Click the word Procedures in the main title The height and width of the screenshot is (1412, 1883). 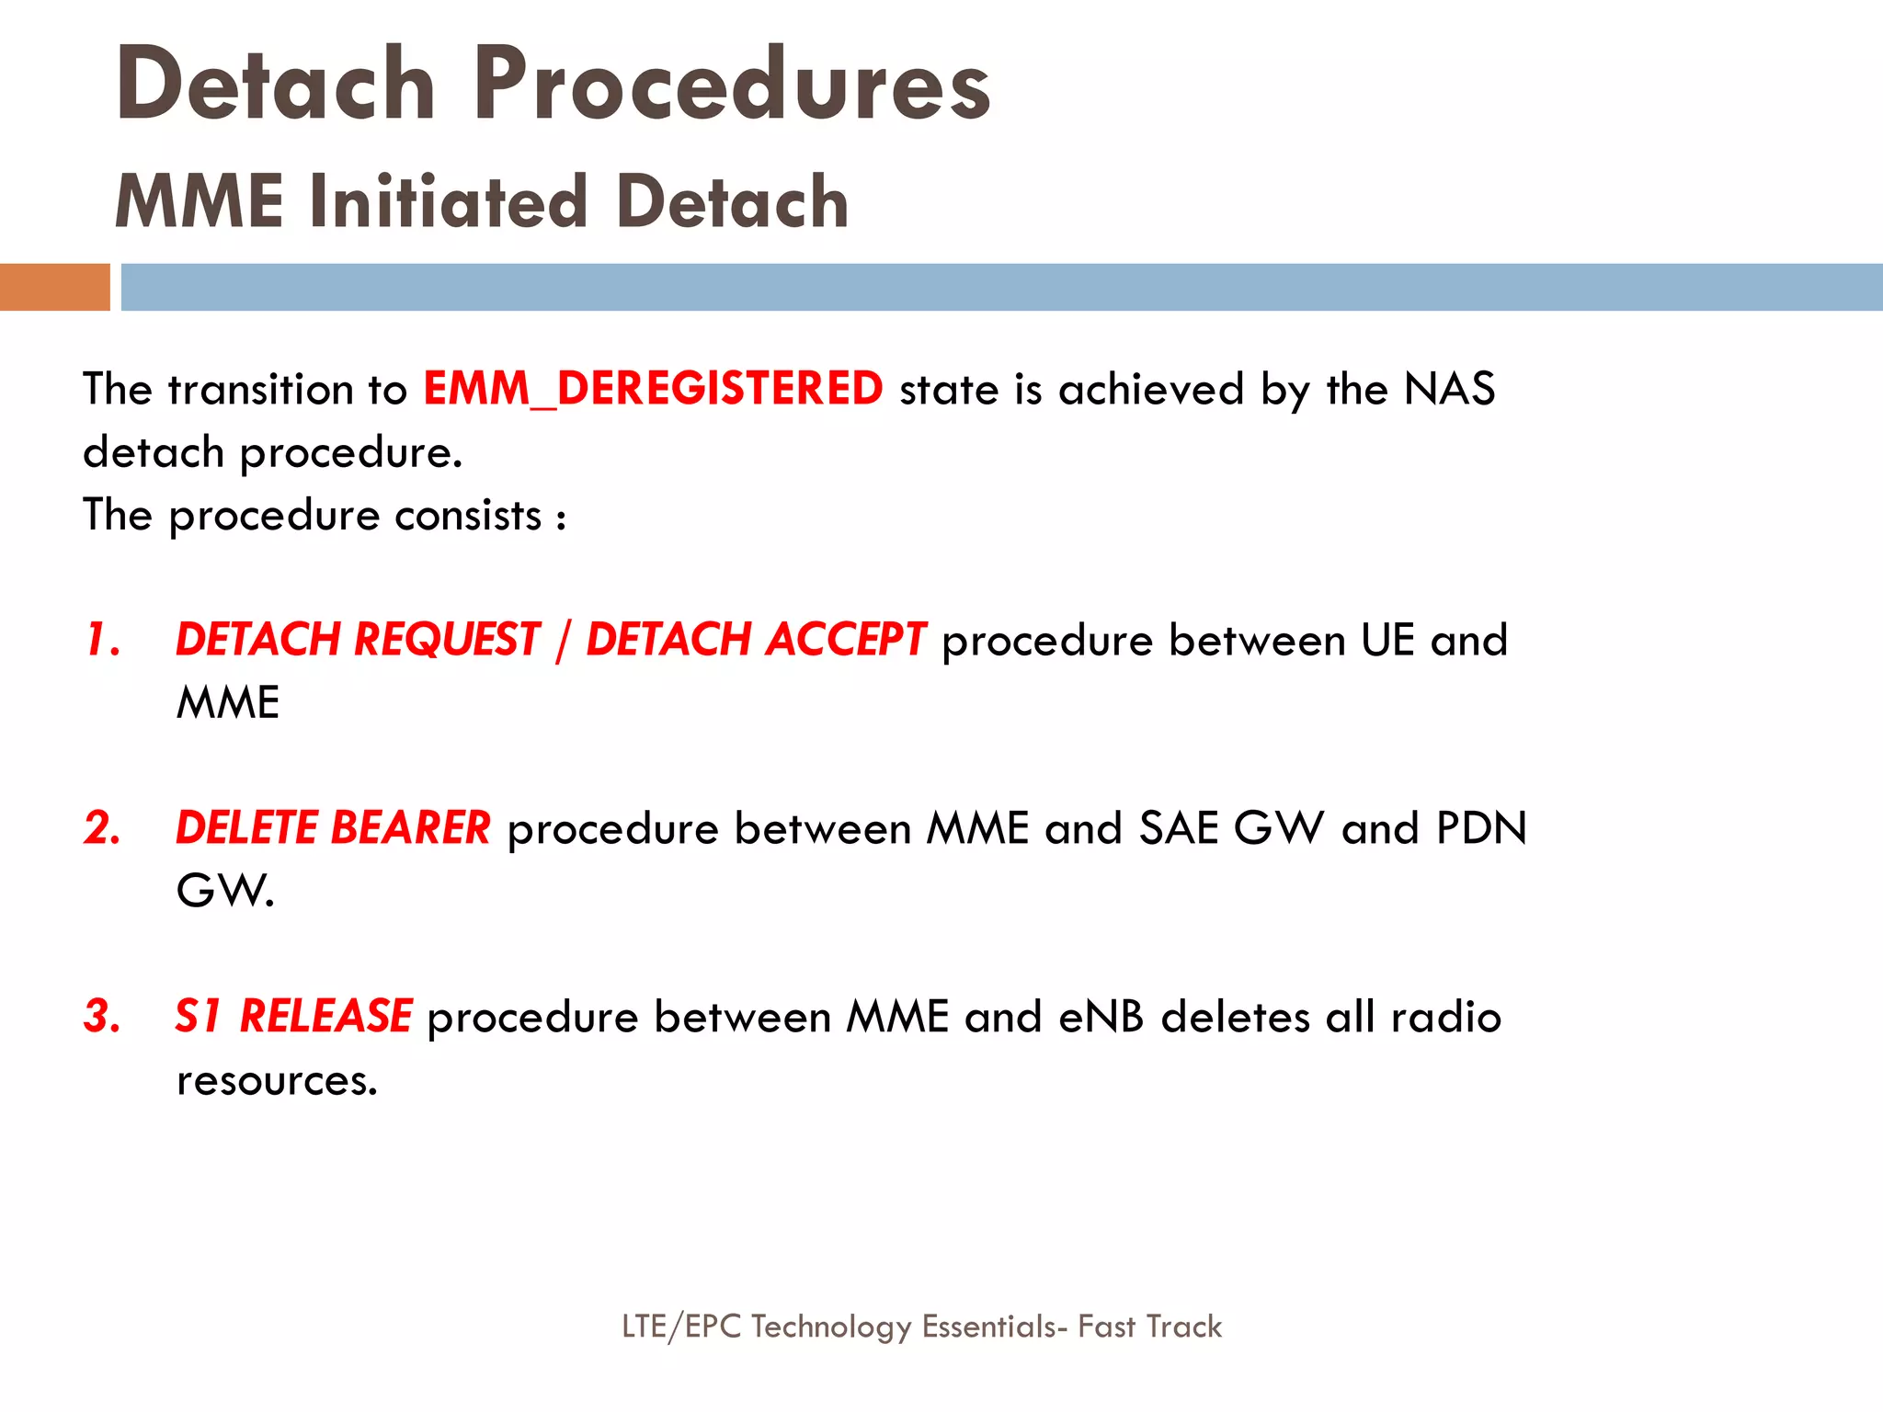point(733,85)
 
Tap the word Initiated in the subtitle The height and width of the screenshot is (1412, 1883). point(449,201)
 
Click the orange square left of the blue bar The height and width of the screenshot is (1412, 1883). point(54,287)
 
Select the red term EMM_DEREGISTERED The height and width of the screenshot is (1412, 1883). point(653,389)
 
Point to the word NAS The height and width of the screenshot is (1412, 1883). point(1449,389)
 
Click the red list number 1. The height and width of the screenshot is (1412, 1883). point(102,640)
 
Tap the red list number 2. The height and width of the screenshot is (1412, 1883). point(102,828)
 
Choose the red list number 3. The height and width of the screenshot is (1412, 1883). point(102,1017)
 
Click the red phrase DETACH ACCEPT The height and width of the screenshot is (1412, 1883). point(756,640)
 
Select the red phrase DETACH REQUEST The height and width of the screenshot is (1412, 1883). point(358,640)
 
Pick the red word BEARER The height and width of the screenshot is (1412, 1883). point(410,828)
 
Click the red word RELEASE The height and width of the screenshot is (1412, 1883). point(325,1017)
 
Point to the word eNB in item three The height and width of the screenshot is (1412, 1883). point(1101,1018)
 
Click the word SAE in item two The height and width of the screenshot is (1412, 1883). point(1179,828)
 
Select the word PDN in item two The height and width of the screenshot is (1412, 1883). point(1481,828)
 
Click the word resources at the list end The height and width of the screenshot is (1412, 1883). point(276,1080)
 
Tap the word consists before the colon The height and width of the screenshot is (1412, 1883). point(468,516)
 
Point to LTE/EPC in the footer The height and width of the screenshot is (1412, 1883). point(681,1327)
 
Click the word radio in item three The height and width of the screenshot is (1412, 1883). point(1445,1018)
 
